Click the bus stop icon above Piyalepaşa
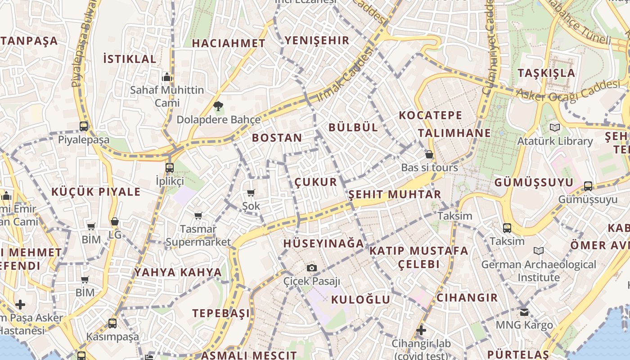tap(84, 126)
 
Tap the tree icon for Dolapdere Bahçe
tap(218, 107)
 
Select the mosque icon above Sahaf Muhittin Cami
tap(167, 77)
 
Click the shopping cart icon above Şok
tap(251, 193)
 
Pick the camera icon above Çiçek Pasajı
tap(311, 268)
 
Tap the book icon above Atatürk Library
tap(555, 128)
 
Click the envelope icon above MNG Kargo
tap(524, 312)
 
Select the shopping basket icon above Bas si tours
tap(429, 154)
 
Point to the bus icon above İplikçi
tap(170, 168)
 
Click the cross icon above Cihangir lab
tap(421, 331)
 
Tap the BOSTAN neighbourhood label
tap(277, 138)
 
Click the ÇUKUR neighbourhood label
tap(315, 182)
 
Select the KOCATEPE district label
tap(430, 115)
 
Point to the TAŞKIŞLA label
tap(546, 73)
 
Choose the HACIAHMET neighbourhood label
tap(229, 43)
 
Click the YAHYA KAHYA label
tap(178, 272)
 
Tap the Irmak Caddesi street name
tap(345, 74)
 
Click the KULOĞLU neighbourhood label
tap(360, 300)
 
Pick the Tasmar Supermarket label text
tap(198, 235)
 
